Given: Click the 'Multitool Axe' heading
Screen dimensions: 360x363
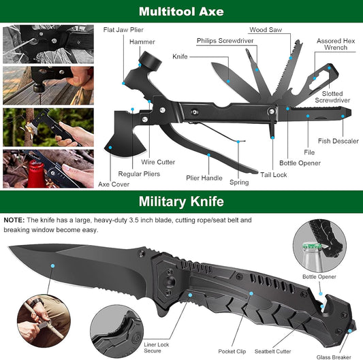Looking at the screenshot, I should pyautogui.click(x=181, y=12).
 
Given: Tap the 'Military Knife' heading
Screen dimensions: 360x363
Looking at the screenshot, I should pyautogui.click(x=181, y=202).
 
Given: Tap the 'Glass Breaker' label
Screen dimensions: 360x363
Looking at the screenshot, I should pyautogui.click(x=333, y=356).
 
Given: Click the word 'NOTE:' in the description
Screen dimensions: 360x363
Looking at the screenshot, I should pyautogui.click(x=14, y=220).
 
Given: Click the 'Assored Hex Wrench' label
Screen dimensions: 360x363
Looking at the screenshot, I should pyautogui.click(x=334, y=45).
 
